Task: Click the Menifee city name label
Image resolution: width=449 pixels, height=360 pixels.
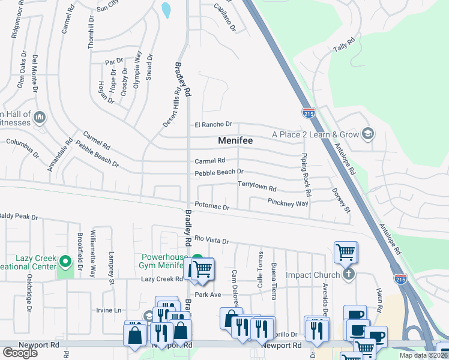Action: (235, 140)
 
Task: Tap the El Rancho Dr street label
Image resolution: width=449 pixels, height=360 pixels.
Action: (212, 124)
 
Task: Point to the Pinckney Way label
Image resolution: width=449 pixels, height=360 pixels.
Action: (288, 203)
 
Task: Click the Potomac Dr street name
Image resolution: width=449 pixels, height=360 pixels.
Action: (211, 207)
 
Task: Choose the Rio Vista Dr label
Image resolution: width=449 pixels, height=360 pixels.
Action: (211, 241)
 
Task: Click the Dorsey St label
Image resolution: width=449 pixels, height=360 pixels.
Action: (340, 200)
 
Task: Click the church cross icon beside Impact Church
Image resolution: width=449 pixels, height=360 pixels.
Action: (348, 275)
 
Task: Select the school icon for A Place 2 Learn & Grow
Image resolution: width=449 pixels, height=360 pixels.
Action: (368, 134)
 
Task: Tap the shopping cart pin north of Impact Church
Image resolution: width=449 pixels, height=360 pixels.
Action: (346, 251)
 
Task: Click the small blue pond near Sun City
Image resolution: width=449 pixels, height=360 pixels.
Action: (166, 10)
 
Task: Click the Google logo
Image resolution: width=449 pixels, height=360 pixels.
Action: (20, 353)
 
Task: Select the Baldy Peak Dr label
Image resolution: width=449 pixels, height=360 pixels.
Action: (19, 217)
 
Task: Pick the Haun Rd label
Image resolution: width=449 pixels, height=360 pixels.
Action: (379, 302)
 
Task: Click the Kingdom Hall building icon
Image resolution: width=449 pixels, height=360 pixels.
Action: (40, 116)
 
